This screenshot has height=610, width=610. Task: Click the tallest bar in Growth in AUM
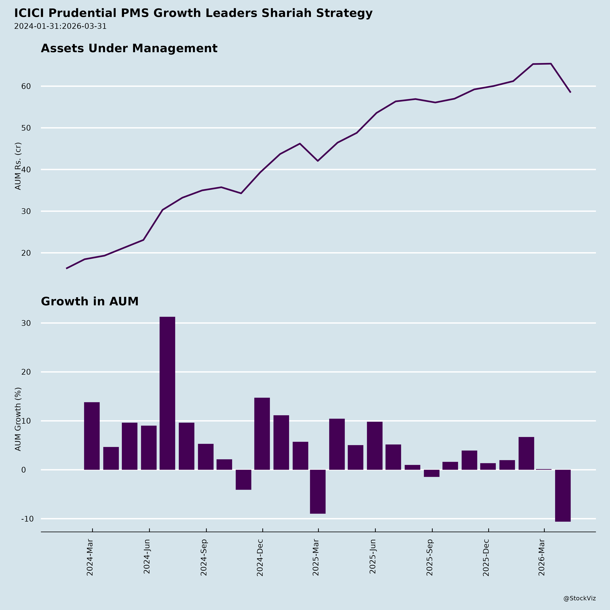(167, 393)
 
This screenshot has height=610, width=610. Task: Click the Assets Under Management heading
(129, 48)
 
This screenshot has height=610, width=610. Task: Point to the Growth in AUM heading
(90, 302)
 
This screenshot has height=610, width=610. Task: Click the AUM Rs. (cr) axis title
(18, 166)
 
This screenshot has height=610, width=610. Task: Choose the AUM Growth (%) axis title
(18, 419)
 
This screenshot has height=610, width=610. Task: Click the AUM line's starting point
(66, 268)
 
